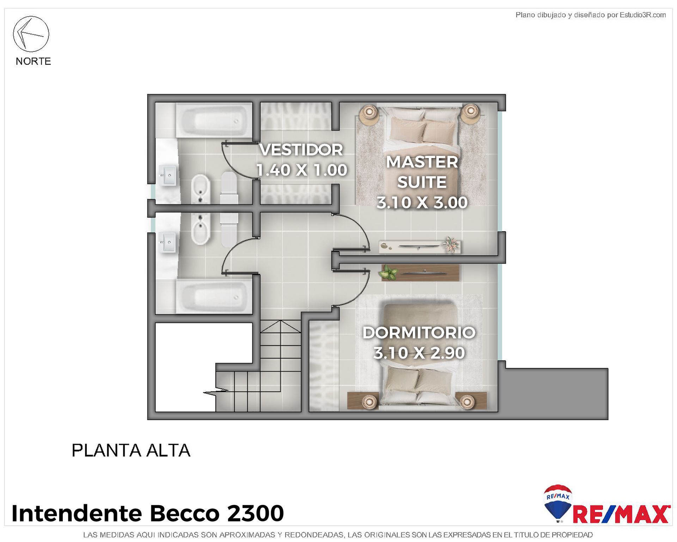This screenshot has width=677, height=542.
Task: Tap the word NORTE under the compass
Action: coord(33,61)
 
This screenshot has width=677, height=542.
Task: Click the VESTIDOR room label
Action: coord(301,150)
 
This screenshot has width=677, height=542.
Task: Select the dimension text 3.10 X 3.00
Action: coord(422,203)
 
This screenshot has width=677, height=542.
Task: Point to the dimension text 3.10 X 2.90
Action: coord(419,353)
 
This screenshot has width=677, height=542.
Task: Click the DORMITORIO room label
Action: coord(419,333)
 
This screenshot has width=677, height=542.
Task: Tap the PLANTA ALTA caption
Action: coord(131,451)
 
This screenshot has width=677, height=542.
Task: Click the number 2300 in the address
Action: coord(255,513)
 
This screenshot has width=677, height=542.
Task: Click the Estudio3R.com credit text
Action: coord(643,15)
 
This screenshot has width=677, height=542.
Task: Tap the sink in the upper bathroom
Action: coord(168,175)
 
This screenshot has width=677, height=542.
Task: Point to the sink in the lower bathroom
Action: coord(168,242)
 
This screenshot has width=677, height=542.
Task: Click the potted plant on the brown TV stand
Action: coord(388,273)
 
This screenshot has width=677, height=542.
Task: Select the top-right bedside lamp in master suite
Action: coord(470,112)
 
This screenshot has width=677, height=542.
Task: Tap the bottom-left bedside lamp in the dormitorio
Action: coord(369,402)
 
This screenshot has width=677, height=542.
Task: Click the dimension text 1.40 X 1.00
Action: coord(302,170)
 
